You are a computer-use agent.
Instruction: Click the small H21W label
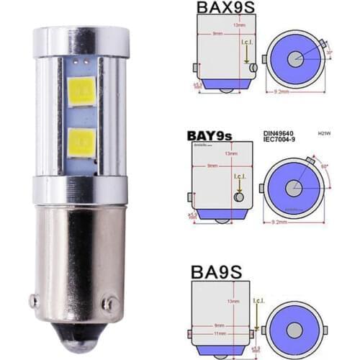323,133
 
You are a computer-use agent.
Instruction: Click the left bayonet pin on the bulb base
33,302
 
